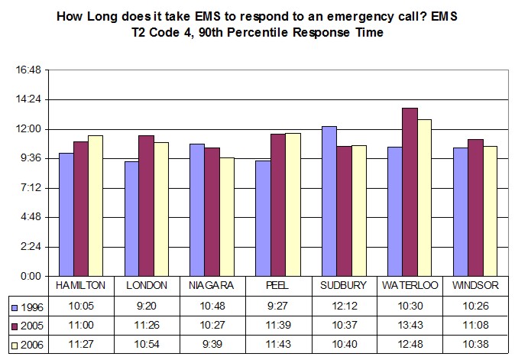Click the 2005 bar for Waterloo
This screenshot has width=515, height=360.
[x=410, y=192]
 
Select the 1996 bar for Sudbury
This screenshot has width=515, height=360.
[x=329, y=201]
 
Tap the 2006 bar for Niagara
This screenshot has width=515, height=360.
[x=227, y=216]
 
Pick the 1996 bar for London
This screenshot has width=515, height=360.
[x=132, y=219]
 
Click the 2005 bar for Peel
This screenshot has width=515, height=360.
[x=278, y=205]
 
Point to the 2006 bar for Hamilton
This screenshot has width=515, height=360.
[x=96, y=206]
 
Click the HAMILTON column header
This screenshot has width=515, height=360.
[x=80, y=285]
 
